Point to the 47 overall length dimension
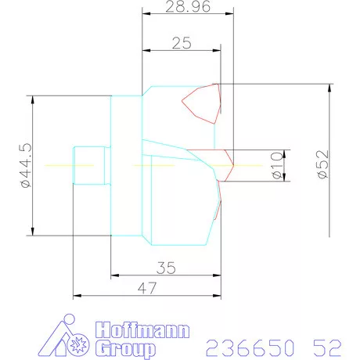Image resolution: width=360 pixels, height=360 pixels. pos(146,288)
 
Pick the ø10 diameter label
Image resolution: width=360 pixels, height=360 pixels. pos(276,166)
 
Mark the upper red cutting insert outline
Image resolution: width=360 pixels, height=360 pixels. pos(201,103)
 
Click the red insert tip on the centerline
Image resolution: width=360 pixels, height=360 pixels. pos(231,165)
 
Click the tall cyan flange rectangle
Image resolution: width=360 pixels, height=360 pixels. pos(127,165)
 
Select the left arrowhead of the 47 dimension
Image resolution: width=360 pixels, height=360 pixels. pos(75,297)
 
